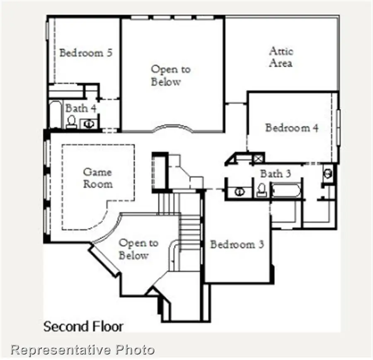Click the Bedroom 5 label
(x=86, y=53)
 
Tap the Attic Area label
(x=281, y=57)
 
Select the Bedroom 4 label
(x=292, y=128)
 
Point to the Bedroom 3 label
(x=237, y=244)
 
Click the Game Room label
(x=97, y=178)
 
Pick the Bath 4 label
(x=81, y=109)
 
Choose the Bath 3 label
(x=276, y=174)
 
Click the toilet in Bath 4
(x=71, y=121)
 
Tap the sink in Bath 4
(x=88, y=124)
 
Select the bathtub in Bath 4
(x=56, y=115)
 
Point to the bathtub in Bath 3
(x=286, y=190)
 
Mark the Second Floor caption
(x=83, y=326)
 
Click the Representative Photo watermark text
(x=82, y=350)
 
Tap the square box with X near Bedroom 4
(x=258, y=159)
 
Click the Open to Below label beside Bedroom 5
(x=171, y=75)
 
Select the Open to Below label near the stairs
(x=138, y=249)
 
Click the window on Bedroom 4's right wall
(x=338, y=127)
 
